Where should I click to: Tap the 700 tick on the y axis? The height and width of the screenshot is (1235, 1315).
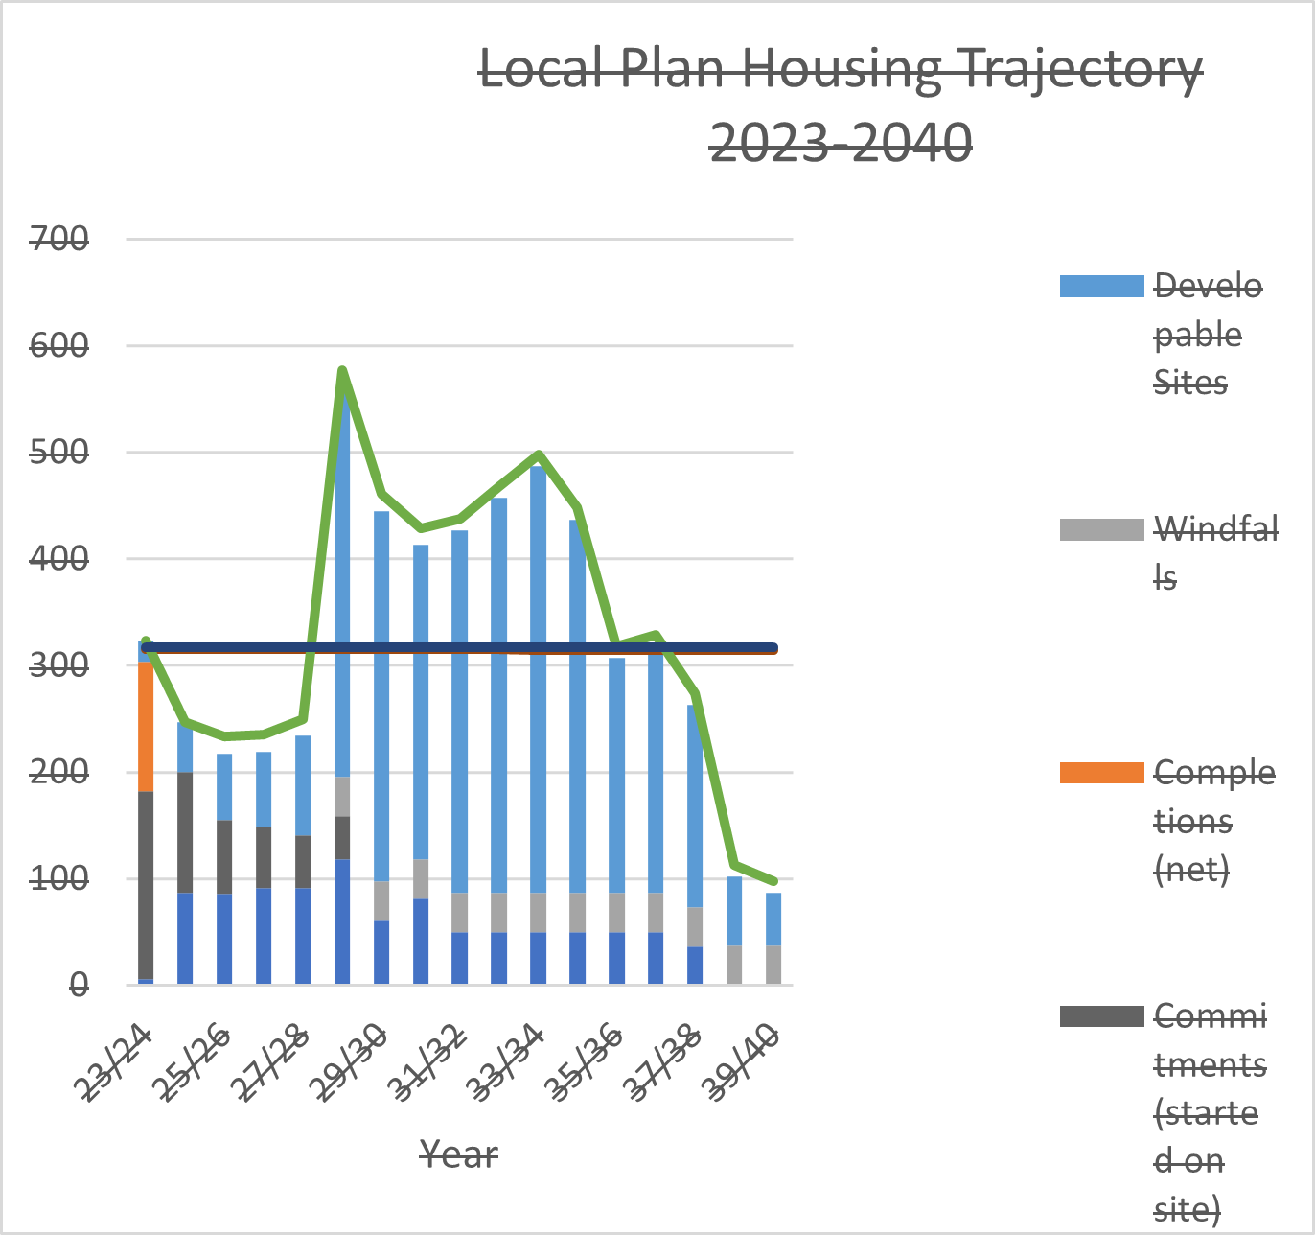tap(59, 239)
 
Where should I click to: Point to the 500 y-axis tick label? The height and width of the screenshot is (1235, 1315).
tap(59, 452)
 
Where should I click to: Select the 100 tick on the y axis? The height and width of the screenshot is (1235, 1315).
tap(59, 878)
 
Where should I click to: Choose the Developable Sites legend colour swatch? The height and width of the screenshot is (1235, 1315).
tap(1101, 286)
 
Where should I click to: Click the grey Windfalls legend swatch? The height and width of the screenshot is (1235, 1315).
tap(1101, 529)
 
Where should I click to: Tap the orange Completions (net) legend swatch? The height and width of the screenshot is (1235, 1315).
tap(1101, 773)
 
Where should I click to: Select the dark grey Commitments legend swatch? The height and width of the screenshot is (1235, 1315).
tap(1101, 1016)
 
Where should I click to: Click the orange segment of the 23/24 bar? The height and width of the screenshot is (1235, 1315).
tap(146, 726)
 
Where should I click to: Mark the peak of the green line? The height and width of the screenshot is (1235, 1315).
tap(342, 370)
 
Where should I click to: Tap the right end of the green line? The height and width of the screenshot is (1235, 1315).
tap(773, 881)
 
